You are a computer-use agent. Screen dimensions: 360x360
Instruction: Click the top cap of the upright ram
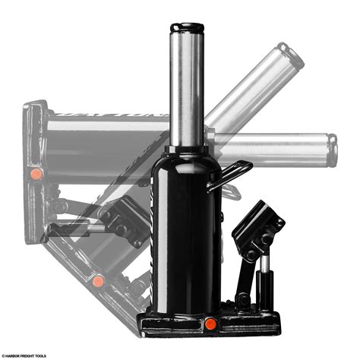(x=187, y=28)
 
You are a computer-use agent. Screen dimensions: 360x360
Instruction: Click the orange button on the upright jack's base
(x=210, y=324)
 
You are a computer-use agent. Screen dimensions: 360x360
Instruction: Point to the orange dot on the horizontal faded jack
(x=36, y=174)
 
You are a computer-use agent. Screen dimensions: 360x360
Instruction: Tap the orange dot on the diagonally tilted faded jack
(x=98, y=281)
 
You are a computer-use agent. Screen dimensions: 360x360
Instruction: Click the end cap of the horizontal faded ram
(x=331, y=150)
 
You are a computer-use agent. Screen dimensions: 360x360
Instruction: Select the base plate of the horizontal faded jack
(x=34, y=175)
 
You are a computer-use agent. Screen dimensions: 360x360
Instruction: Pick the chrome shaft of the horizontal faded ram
(x=273, y=150)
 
